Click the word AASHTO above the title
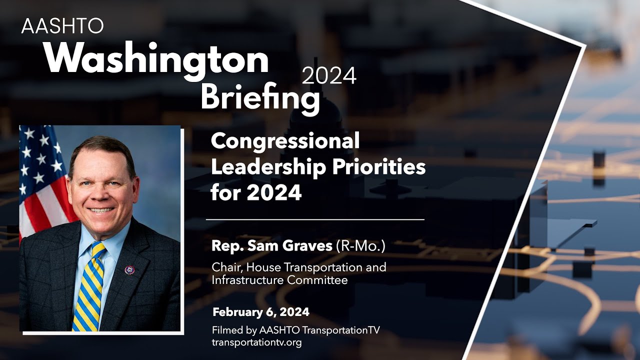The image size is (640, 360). (62, 26)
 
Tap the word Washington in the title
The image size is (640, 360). (156, 59)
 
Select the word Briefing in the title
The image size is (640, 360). (260, 97)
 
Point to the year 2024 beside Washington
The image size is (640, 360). (329, 76)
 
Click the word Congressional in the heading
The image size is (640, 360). (285, 141)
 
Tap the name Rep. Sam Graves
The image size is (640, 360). (272, 246)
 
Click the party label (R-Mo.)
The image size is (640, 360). (361, 246)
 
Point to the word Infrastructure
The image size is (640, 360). (247, 280)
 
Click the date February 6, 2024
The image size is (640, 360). (261, 312)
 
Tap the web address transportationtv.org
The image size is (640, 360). (256, 342)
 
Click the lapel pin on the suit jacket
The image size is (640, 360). (129, 270)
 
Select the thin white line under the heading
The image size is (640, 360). (315, 219)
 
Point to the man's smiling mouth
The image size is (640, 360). (101, 210)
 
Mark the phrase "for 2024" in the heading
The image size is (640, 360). (256, 192)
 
